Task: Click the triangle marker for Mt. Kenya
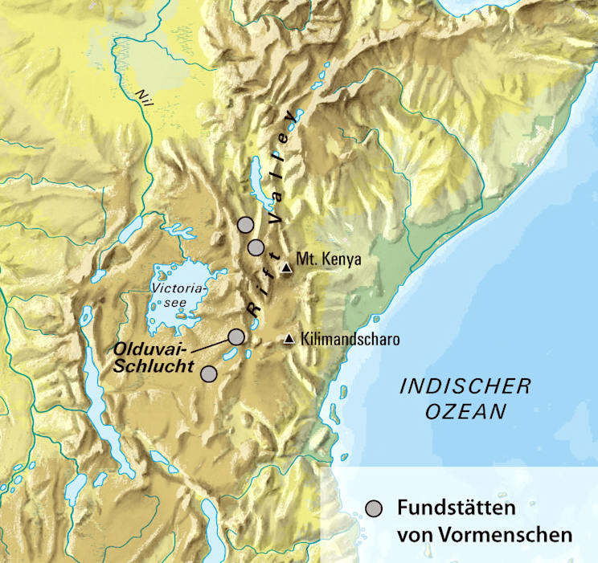286,269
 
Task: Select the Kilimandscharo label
349,340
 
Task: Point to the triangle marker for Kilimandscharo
289,340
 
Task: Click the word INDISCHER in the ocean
465,386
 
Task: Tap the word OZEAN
465,412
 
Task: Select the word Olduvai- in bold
150,350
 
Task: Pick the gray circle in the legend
373,508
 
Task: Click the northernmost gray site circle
246,224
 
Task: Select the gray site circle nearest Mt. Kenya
256,247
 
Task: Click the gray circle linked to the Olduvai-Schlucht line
236,336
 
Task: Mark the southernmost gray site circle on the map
209,373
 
